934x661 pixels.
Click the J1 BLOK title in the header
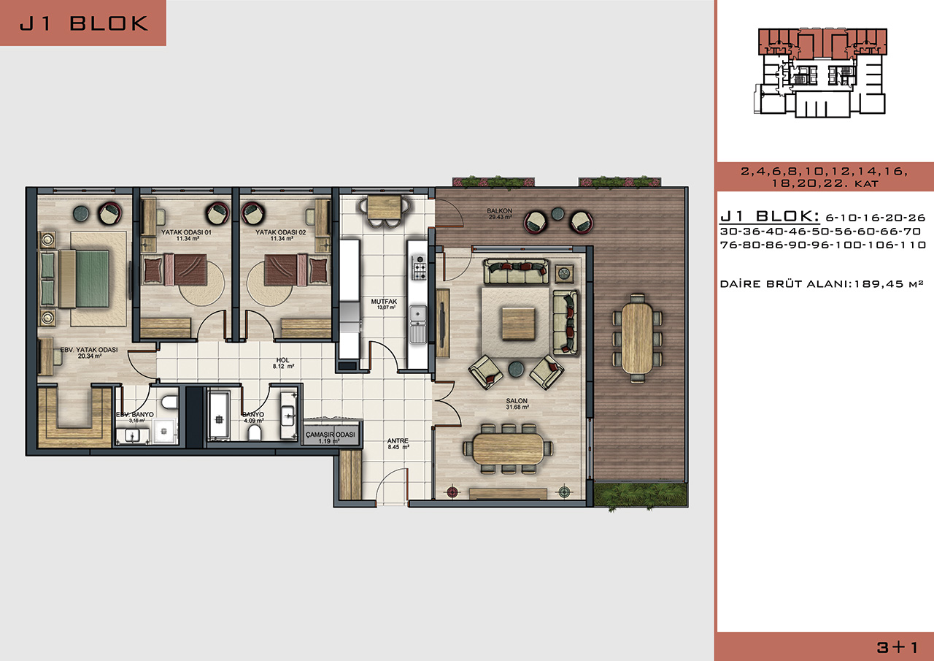coord(84,23)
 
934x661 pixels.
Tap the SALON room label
coord(517,400)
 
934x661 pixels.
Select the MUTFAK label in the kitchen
coord(384,302)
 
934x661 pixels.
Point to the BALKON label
coord(500,211)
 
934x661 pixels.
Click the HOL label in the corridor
coord(282,360)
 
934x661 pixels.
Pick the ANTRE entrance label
coord(398,440)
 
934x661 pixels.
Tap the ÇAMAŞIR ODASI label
coord(331,435)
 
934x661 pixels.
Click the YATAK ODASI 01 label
coord(186,232)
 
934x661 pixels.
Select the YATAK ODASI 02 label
coord(281,232)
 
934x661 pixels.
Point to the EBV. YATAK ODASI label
coord(89,350)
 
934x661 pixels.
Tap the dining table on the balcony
coord(637,337)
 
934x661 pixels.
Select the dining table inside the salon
coord(509,449)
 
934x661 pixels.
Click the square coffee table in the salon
coord(518,324)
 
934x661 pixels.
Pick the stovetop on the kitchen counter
coord(419,267)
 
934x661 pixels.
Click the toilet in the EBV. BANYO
coord(170,402)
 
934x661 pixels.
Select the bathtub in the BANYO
coord(218,414)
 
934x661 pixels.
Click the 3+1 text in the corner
coord(897,647)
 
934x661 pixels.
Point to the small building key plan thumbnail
coord(820,72)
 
